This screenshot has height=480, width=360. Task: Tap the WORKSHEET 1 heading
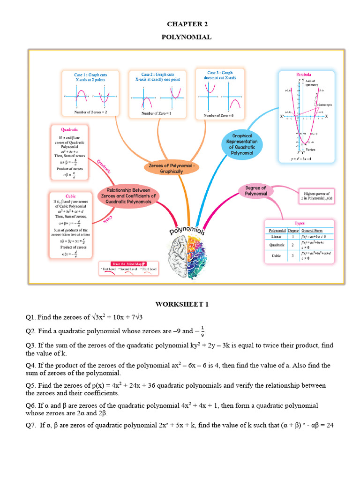[182, 304]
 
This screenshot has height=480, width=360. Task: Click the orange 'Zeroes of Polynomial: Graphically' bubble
[171, 168]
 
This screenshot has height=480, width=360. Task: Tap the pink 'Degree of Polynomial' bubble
[256, 191]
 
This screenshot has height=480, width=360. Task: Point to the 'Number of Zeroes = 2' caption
[90, 112]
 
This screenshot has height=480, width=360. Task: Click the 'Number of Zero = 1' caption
[157, 113]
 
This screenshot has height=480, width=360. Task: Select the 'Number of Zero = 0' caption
[218, 115]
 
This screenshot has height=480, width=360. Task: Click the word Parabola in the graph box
[303, 75]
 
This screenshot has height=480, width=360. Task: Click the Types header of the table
[299, 223]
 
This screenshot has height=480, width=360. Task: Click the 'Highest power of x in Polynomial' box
[317, 196]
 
